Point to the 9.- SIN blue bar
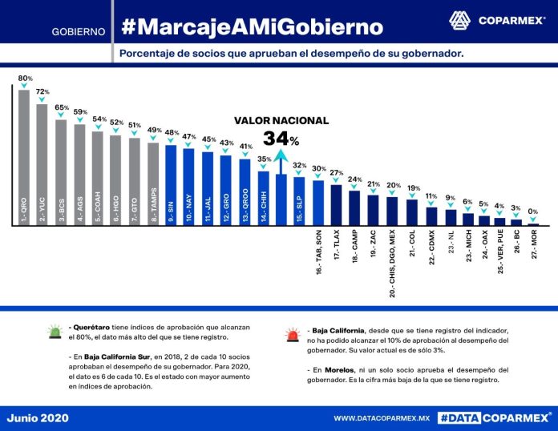pyautogui.click(x=170, y=185)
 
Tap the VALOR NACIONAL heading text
pyautogui.click(x=281, y=120)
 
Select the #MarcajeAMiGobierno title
pyautogui.click(x=252, y=27)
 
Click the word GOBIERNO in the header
pyautogui.click(x=79, y=32)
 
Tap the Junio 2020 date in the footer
pyautogui.click(x=38, y=417)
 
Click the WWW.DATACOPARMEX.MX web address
pyautogui.click(x=382, y=417)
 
